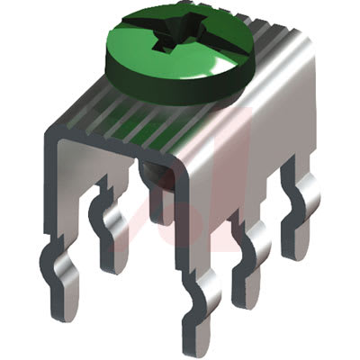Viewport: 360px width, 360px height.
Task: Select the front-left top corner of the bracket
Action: pyautogui.click(x=49, y=135)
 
